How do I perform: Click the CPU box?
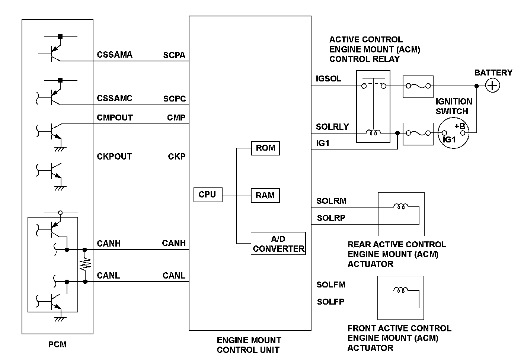click(x=208, y=195)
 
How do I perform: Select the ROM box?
click(x=265, y=148)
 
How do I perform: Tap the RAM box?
click(x=265, y=196)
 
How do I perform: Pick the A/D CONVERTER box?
click(x=278, y=244)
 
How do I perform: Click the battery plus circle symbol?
click(x=492, y=86)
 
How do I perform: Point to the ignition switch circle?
click(x=454, y=133)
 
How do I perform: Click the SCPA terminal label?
click(x=174, y=55)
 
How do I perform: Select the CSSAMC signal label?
click(x=115, y=99)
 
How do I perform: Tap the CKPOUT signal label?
click(x=114, y=157)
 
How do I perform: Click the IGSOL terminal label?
click(x=328, y=79)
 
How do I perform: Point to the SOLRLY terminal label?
click(x=332, y=127)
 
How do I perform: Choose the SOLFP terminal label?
click(x=330, y=302)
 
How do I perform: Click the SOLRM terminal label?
click(x=331, y=201)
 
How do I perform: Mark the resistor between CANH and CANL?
click(x=85, y=265)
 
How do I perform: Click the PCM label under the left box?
click(x=58, y=345)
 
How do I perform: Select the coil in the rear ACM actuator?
click(x=401, y=206)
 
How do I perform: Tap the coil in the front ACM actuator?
click(x=401, y=290)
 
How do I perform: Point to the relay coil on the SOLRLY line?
click(x=373, y=132)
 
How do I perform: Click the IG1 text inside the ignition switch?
click(x=449, y=140)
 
